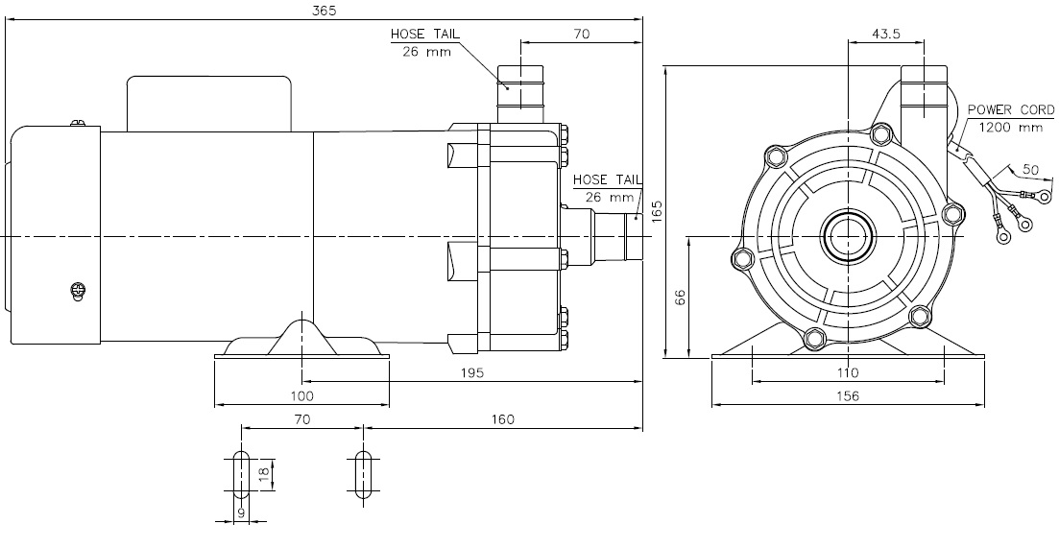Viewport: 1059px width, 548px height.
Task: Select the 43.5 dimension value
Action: [886, 34]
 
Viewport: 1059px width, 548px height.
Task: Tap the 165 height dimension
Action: [657, 211]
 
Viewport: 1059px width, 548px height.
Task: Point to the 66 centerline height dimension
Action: [681, 298]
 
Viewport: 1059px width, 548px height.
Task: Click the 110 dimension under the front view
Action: [848, 372]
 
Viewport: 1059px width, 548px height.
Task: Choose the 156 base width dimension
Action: [848, 395]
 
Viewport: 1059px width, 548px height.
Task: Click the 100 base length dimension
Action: [301, 394]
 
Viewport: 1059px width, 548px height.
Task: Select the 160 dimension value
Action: [501, 418]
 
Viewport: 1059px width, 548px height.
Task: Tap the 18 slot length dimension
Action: [263, 472]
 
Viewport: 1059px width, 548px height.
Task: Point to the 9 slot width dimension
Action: [242, 513]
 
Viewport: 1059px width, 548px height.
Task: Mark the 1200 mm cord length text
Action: [1010, 127]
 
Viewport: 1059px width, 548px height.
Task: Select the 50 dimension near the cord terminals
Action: [1030, 169]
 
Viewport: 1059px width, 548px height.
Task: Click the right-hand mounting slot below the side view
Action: [362, 472]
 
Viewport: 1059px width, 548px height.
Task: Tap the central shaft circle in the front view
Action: [848, 235]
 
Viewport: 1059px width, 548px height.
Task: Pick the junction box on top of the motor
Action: [210, 103]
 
